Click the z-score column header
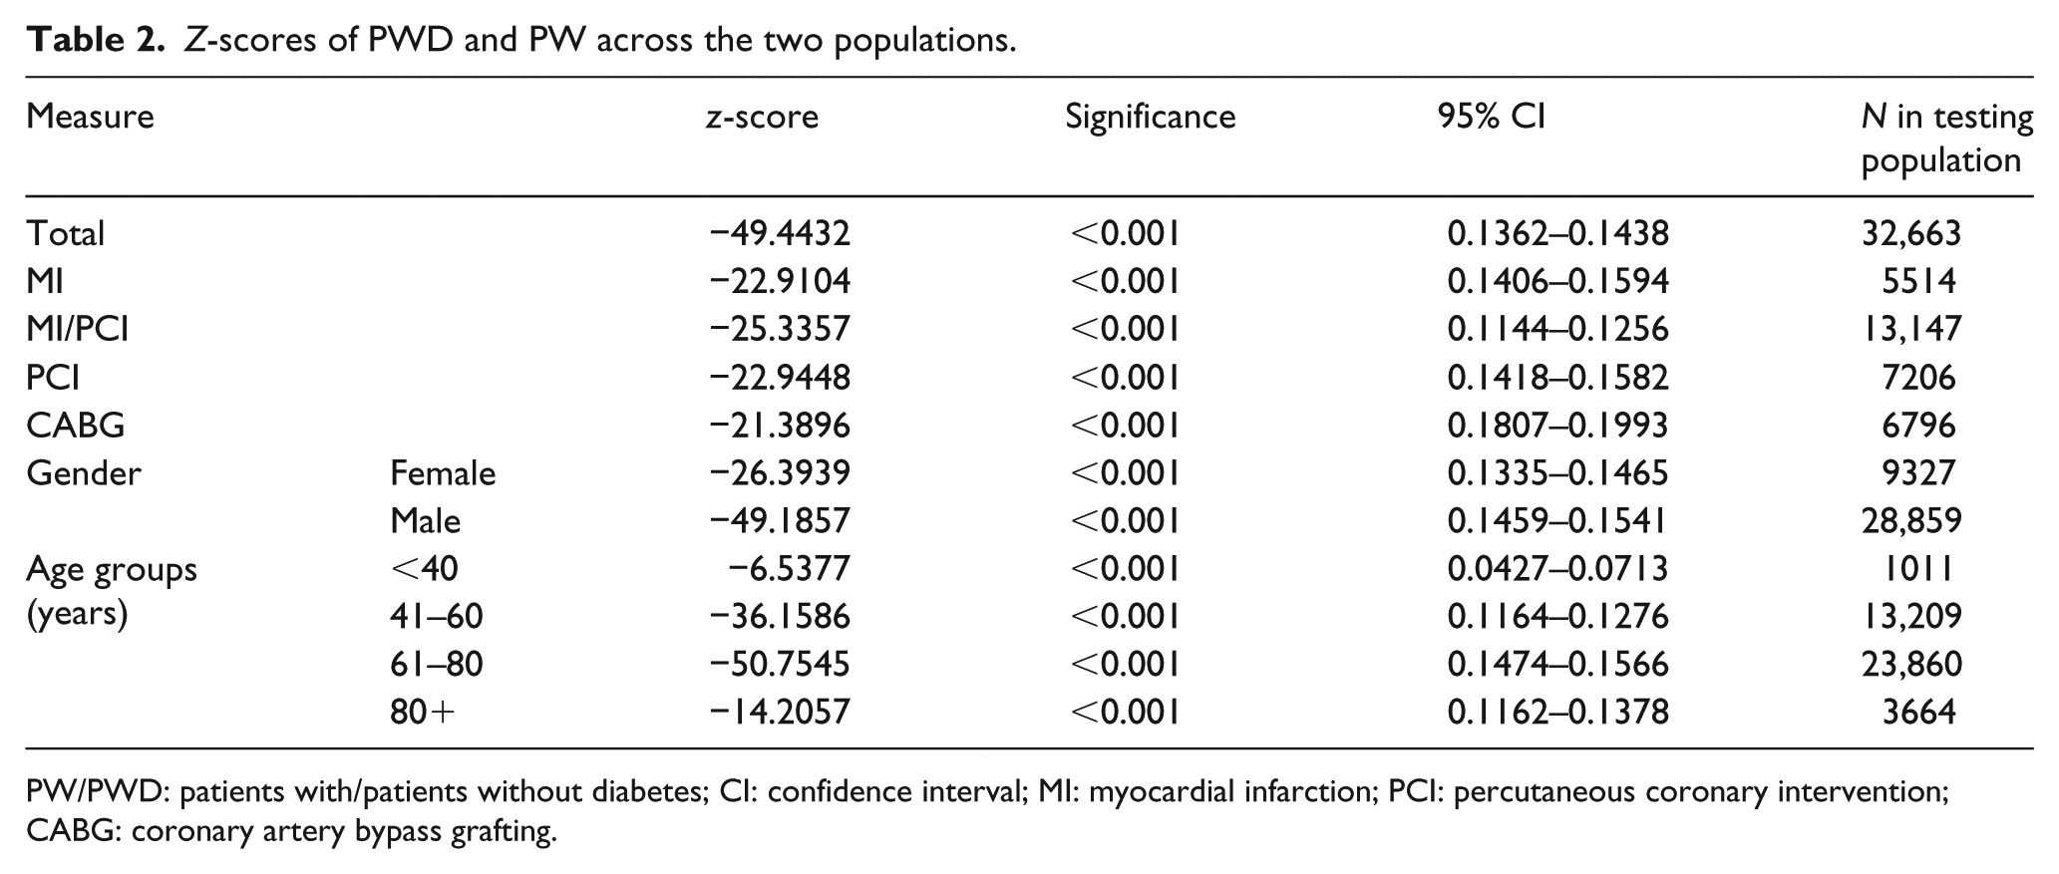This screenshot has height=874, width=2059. click(x=762, y=118)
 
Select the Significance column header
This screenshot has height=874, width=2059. click(x=1150, y=118)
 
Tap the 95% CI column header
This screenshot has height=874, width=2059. click(x=1491, y=118)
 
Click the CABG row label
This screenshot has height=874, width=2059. click(x=76, y=426)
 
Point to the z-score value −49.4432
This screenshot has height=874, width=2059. click(x=780, y=233)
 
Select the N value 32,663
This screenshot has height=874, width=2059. click(x=1911, y=233)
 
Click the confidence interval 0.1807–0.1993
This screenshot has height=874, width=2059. click(x=1557, y=426)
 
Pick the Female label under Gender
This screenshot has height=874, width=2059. click(x=443, y=472)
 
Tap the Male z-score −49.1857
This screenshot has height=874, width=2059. click(x=780, y=520)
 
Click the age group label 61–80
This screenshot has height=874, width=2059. click(x=437, y=665)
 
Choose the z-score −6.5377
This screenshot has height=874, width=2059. click(x=790, y=568)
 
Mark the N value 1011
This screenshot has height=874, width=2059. click(x=1917, y=568)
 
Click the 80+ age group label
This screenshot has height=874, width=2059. click(x=423, y=713)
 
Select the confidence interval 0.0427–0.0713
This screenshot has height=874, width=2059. click(x=1557, y=568)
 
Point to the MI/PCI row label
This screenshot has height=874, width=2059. click(x=78, y=329)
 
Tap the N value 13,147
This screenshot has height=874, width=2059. click(x=1911, y=329)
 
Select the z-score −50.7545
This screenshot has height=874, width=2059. click(x=780, y=665)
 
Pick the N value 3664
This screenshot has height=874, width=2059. click(x=1918, y=713)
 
